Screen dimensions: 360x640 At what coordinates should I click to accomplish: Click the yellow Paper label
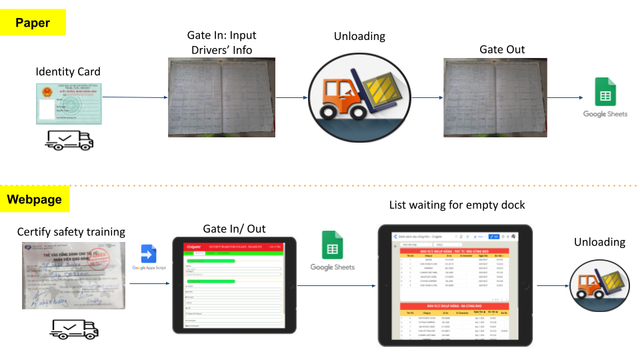point(33,23)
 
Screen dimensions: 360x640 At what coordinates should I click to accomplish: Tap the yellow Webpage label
point(34,199)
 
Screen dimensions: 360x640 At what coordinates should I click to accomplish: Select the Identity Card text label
point(68,71)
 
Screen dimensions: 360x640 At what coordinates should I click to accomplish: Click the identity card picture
point(70,103)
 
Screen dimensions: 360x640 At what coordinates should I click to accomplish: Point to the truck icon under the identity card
point(69,139)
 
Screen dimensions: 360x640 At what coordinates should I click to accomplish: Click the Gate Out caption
point(502,49)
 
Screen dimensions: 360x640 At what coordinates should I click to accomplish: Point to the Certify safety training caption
point(71,232)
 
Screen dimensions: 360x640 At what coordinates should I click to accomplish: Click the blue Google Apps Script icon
point(148,254)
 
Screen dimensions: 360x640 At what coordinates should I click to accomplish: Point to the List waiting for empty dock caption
point(456,205)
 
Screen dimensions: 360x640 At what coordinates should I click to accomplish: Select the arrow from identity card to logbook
point(136,97)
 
